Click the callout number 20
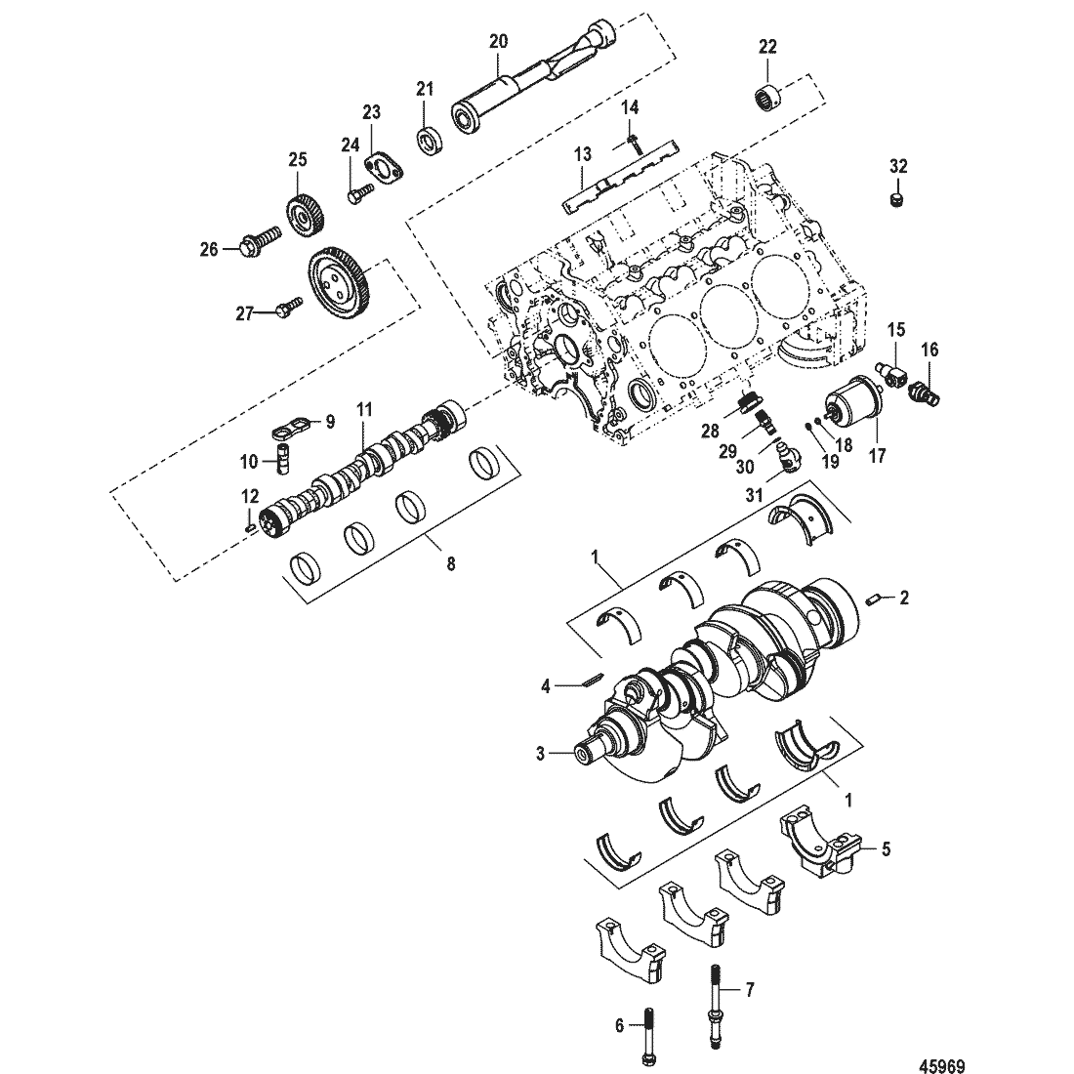click(498, 41)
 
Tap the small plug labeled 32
click(896, 201)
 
